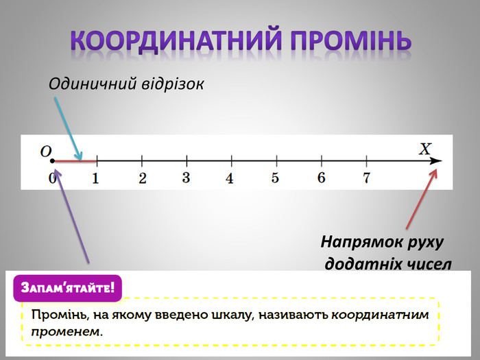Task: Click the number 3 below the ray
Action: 186,178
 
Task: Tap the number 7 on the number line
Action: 366,178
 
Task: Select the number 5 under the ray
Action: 275,178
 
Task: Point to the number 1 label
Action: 95,178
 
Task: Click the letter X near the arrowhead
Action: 425,149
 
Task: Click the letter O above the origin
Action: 46,152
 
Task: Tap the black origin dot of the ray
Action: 52,160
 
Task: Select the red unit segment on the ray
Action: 75,160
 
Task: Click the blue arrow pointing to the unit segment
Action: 69,129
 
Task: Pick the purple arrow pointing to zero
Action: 72,217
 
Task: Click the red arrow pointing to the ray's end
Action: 422,198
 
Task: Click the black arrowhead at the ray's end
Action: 435,161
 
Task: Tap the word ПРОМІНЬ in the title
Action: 350,40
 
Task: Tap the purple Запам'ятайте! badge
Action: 68,288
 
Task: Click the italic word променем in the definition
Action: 66,332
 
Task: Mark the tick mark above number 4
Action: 232,161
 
